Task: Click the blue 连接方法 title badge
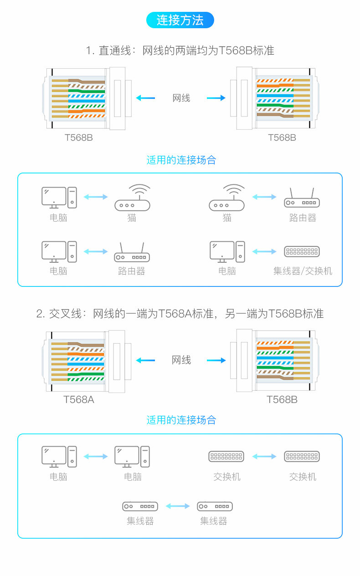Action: point(180,20)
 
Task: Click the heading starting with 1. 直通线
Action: point(180,51)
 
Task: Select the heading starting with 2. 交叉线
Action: point(180,314)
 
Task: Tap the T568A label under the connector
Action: point(79,400)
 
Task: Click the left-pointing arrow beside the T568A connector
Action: point(145,360)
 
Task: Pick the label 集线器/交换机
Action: point(303,271)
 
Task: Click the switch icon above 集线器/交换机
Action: point(302,251)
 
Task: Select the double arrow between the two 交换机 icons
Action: point(264,456)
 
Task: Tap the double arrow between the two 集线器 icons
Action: point(177,506)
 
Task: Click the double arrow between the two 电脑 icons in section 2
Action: point(96,456)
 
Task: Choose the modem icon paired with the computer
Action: point(132,198)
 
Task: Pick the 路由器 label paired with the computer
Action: point(132,271)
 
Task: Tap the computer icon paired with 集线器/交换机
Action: point(227,252)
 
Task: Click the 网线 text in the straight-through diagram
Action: point(181,98)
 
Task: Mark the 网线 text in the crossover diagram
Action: point(181,360)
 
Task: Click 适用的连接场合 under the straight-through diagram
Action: point(181,160)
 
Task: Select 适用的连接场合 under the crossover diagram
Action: point(181,420)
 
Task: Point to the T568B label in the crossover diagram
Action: point(282,400)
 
